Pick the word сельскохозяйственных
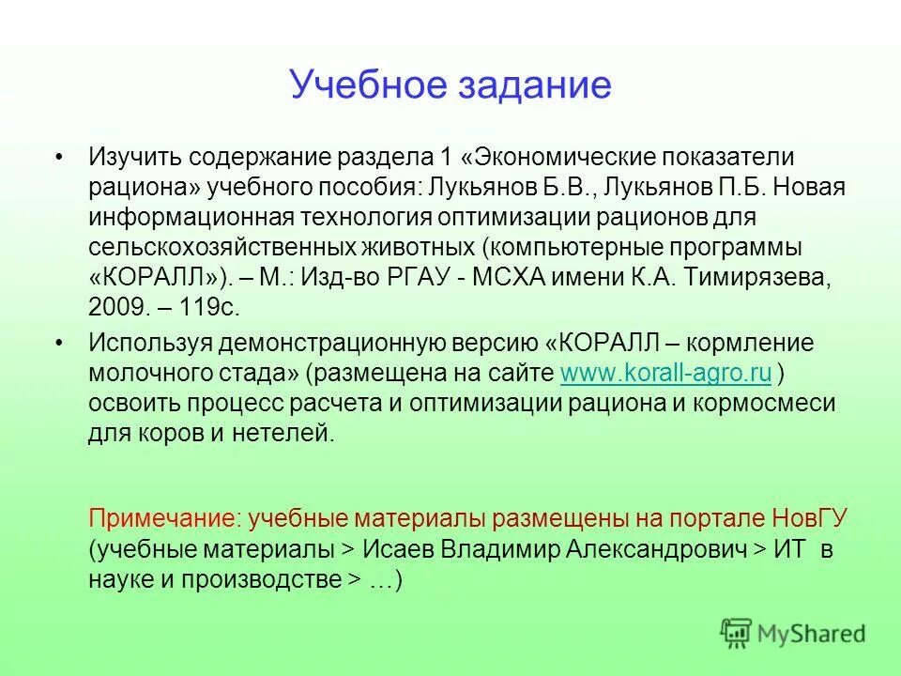[x=221, y=248]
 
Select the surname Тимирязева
[x=760, y=278]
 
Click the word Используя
[x=149, y=344]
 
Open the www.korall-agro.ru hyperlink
[x=665, y=374]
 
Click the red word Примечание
[x=153, y=518]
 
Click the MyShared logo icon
[x=736, y=633]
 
